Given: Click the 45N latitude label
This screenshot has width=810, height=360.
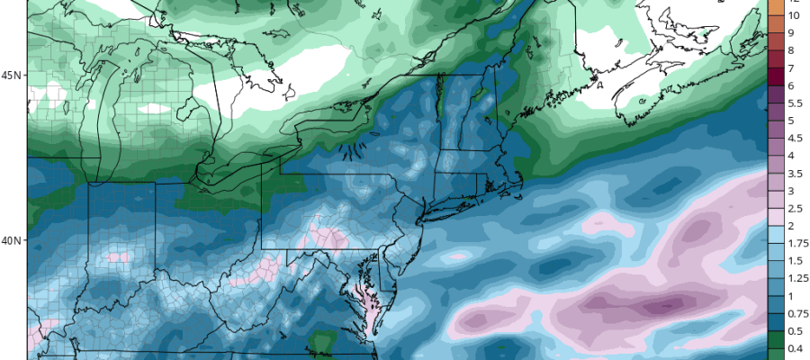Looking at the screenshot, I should point(12,75).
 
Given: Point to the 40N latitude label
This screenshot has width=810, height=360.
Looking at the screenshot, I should point(12,240).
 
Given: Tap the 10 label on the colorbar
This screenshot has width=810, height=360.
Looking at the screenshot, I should point(795,15).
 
